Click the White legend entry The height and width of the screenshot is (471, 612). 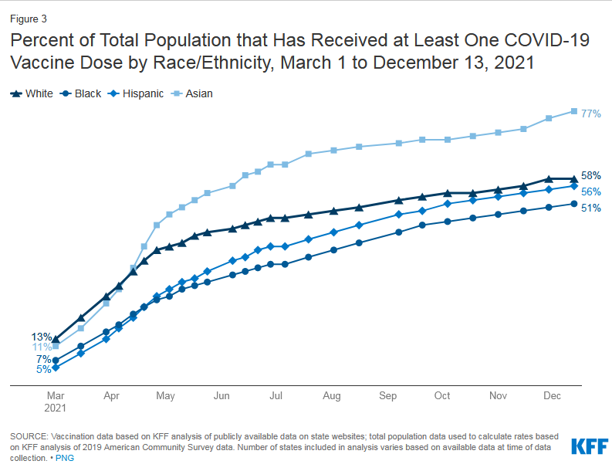point(32,93)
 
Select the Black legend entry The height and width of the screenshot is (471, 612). point(83,93)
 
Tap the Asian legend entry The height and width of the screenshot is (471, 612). point(194,93)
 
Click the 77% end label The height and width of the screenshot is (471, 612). point(591,114)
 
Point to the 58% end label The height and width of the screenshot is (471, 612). point(591,175)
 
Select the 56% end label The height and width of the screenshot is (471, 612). point(591,191)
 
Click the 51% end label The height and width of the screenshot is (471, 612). point(591,208)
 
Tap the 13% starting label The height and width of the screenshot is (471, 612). point(42,337)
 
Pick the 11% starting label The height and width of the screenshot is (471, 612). point(42,347)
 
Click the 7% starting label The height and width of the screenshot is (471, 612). point(44,359)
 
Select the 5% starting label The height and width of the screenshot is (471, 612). point(44,369)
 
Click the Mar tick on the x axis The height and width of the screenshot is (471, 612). point(55,395)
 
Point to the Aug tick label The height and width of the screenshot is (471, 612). point(332,395)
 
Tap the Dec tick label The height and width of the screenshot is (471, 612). point(552,395)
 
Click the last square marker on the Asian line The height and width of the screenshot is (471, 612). point(573,111)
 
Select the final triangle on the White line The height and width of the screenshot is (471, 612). point(573,179)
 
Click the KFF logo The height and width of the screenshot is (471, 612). point(589,446)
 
